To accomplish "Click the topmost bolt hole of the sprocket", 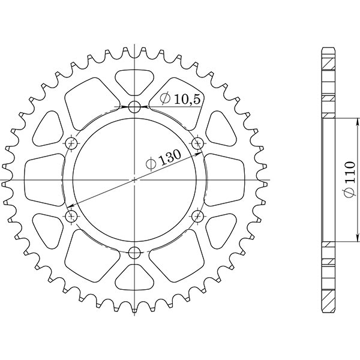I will [134, 107].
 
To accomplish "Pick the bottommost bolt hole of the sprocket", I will [134, 251].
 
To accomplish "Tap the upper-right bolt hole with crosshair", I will [197, 143].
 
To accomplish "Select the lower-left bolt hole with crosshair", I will [71, 215].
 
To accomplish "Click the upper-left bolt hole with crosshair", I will [71, 143].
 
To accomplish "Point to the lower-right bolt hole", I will [197, 215].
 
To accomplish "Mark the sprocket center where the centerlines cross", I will [134, 179].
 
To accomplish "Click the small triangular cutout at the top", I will [134, 82].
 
